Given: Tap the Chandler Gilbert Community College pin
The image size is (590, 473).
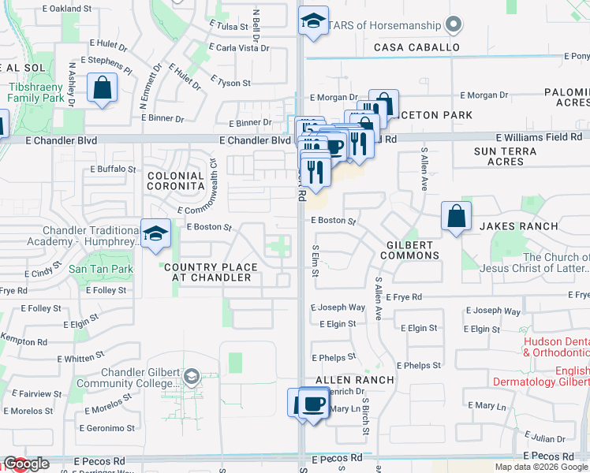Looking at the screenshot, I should pos(190,378).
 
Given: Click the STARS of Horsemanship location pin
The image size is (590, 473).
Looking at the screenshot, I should pos(453,25).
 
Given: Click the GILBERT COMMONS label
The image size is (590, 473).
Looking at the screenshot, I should pos(411,250).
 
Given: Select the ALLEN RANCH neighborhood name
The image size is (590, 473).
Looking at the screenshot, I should pos(354,380).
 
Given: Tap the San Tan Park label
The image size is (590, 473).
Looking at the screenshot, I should pos(100,269).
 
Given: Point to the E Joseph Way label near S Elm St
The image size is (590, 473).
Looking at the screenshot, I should pos(338,307).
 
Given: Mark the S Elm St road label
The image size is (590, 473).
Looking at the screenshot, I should pos(315,262).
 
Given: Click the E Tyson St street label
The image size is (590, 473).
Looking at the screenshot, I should pos(230,82).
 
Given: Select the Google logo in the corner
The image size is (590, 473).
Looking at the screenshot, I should pos(26,464).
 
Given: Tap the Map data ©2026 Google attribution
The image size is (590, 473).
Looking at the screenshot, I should pos(540,467).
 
